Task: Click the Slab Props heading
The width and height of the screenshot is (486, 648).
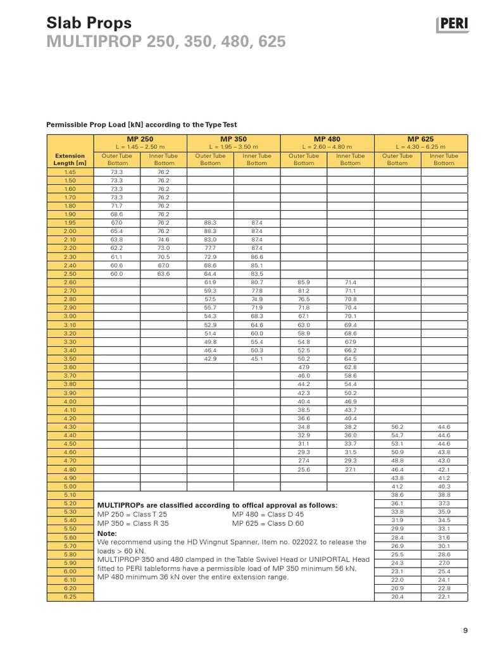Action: click(89, 23)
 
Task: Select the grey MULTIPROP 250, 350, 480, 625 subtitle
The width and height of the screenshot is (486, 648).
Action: click(166, 42)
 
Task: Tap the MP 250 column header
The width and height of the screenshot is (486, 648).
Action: click(140, 139)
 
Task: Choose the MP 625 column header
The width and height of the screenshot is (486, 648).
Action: click(421, 139)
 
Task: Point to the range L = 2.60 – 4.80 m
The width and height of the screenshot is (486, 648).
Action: click(327, 147)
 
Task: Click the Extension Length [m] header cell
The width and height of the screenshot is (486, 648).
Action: click(70, 159)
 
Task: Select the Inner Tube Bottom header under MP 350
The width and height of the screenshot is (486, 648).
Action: click(257, 159)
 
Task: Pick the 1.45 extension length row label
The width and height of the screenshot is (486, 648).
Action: click(70, 172)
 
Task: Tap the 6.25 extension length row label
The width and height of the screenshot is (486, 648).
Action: click(70, 597)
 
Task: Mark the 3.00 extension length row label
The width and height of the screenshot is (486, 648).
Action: click(70, 316)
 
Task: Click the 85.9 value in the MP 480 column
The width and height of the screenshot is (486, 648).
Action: click(304, 282)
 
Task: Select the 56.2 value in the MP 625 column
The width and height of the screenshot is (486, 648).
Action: click(397, 427)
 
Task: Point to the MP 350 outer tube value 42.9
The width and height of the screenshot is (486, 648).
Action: click(210, 359)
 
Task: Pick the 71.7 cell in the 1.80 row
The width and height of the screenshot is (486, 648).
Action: click(116, 206)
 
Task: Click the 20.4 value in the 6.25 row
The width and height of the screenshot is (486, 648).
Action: click(397, 597)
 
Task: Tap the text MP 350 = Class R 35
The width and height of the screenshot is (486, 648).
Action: click(134, 523)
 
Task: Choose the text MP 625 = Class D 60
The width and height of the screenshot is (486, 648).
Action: click(268, 523)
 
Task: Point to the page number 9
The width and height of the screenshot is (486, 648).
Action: click(465, 630)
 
